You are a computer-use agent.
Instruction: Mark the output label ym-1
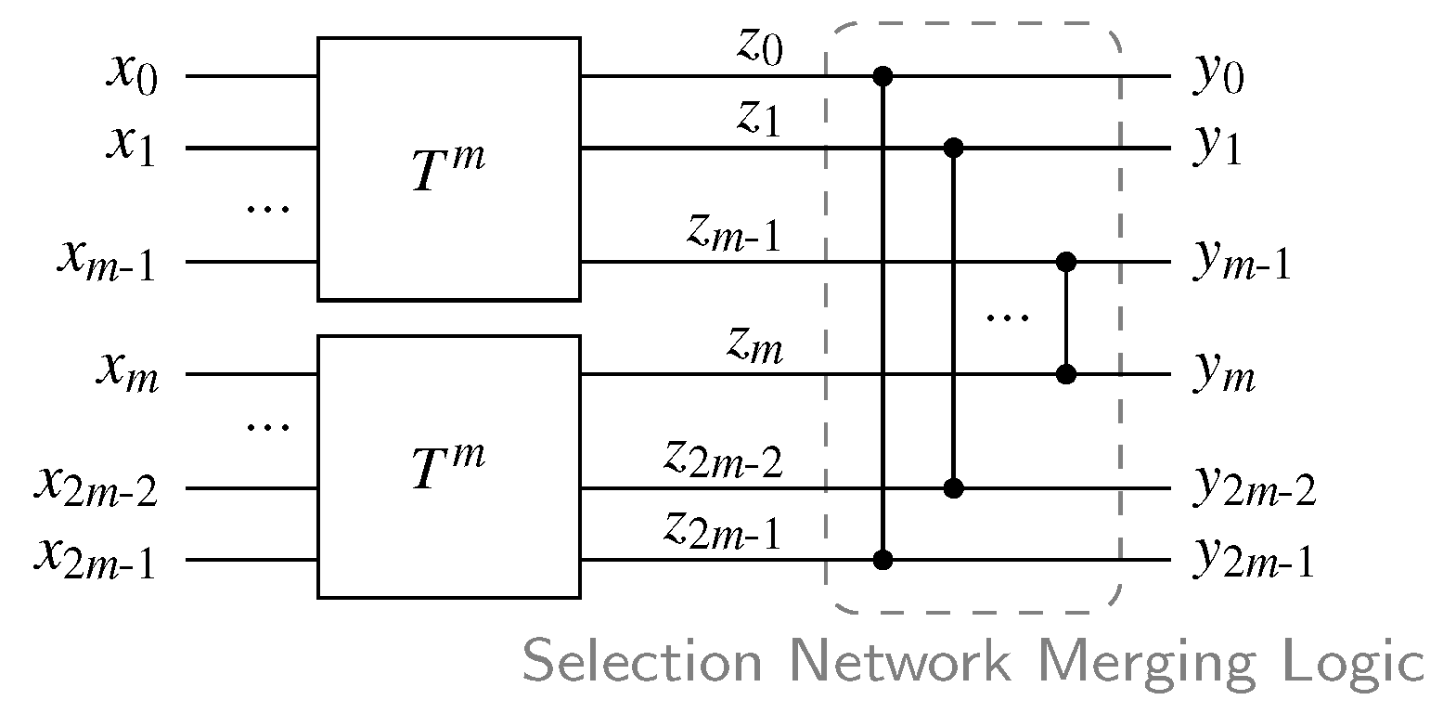pos(1242,266)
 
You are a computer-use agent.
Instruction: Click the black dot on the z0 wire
pos(883,76)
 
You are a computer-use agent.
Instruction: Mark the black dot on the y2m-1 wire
pos(883,560)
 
